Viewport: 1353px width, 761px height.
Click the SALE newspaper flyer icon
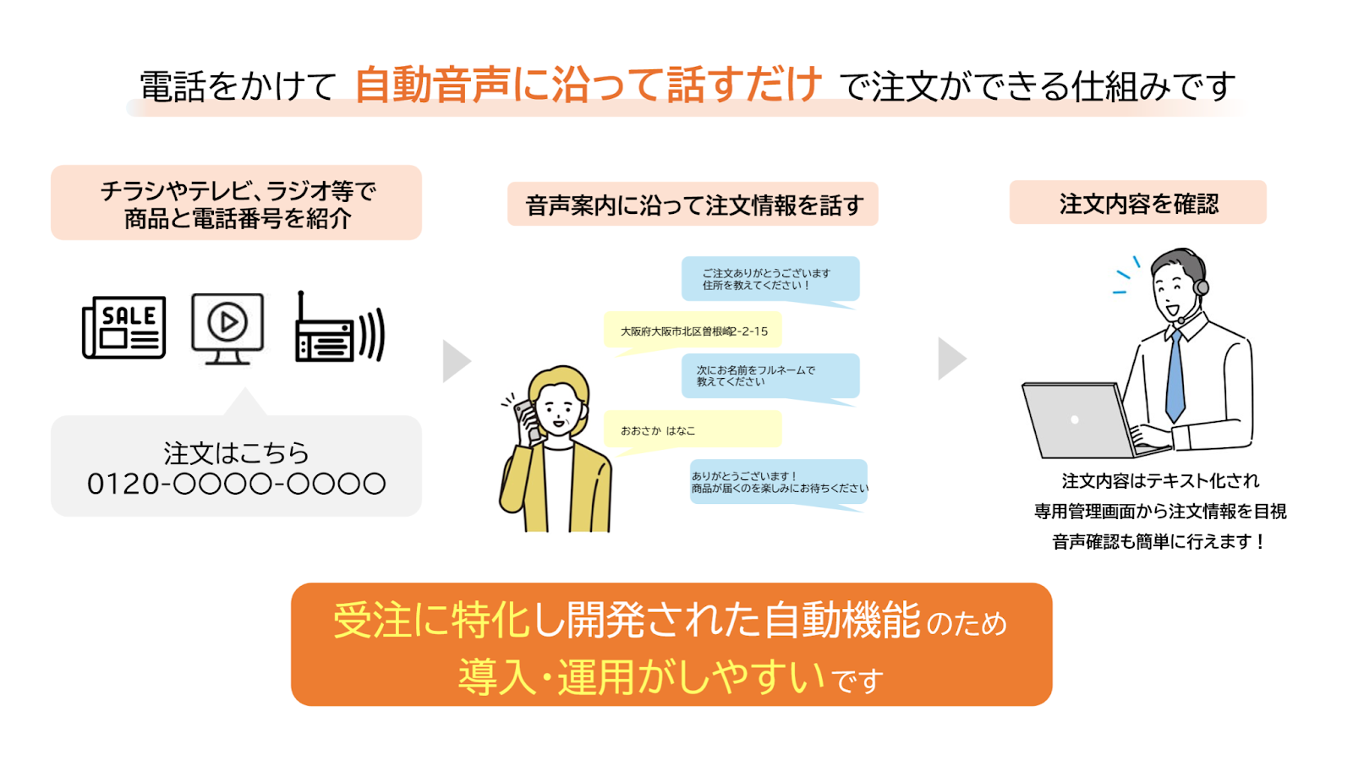pyautogui.click(x=123, y=327)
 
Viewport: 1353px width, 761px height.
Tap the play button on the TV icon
pyautogui.click(x=227, y=322)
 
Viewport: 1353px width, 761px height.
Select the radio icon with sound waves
pyautogui.click(x=339, y=328)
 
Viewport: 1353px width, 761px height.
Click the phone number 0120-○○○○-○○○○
pyautogui.click(x=236, y=484)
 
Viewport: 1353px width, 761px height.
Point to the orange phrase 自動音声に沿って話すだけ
pyautogui.click(x=589, y=84)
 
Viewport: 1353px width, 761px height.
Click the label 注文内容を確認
pyautogui.click(x=1138, y=203)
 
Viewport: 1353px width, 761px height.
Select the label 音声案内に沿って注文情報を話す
pyautogui.click(x=693, y=205)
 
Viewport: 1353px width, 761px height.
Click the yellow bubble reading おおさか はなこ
pyautogui.click(x=693, y=430)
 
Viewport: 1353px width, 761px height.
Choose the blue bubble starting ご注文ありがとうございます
pyautogui.click(x=770, y=279)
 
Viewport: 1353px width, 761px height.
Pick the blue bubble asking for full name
pyautogui.click(x=770, y=376)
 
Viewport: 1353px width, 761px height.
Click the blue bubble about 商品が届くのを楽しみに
pyautogui.click(x=779, y=483)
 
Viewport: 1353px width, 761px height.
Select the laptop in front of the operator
pyautogui.click(x=1082, y=420)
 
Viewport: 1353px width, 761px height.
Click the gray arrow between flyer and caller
pyautogui.click(x=457, y=361)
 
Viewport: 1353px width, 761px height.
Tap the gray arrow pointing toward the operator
pyautogui.click(x=952, y=359)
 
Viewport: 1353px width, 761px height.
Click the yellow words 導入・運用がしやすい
pyautogui.click(x=642, y=676)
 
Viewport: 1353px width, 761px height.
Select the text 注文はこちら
pyautogui.click(x=236, y=453)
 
